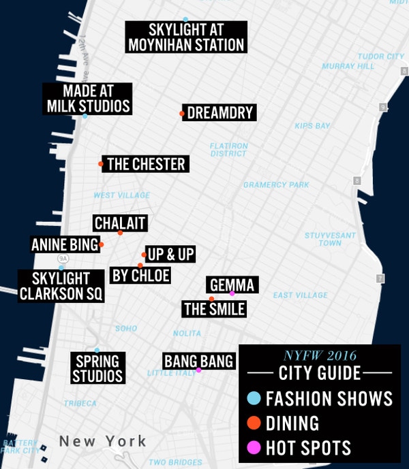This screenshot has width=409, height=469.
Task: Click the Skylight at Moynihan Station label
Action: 185,37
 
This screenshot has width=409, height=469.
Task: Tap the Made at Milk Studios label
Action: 88,99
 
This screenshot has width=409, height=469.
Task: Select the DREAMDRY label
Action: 219,113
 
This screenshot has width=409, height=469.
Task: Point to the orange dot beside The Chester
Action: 101,164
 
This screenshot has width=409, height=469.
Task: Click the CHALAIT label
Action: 120,223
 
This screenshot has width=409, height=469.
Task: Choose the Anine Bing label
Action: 65,244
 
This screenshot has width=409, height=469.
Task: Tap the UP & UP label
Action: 171,255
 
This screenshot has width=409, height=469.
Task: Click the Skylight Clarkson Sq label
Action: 61,286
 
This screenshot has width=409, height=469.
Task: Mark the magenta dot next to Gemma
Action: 232,293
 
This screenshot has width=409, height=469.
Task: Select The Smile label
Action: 214,309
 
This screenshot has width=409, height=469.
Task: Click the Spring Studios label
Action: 99,368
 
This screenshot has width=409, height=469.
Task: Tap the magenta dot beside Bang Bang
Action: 198,370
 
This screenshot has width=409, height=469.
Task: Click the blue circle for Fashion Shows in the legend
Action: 253,398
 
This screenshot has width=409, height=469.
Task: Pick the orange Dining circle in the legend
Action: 253,423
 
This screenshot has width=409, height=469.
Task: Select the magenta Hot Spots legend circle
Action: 253,447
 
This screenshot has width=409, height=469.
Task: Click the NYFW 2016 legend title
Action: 320,355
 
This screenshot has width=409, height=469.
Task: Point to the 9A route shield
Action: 63,259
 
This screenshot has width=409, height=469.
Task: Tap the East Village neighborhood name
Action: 300,295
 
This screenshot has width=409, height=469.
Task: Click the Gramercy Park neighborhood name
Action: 276,184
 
